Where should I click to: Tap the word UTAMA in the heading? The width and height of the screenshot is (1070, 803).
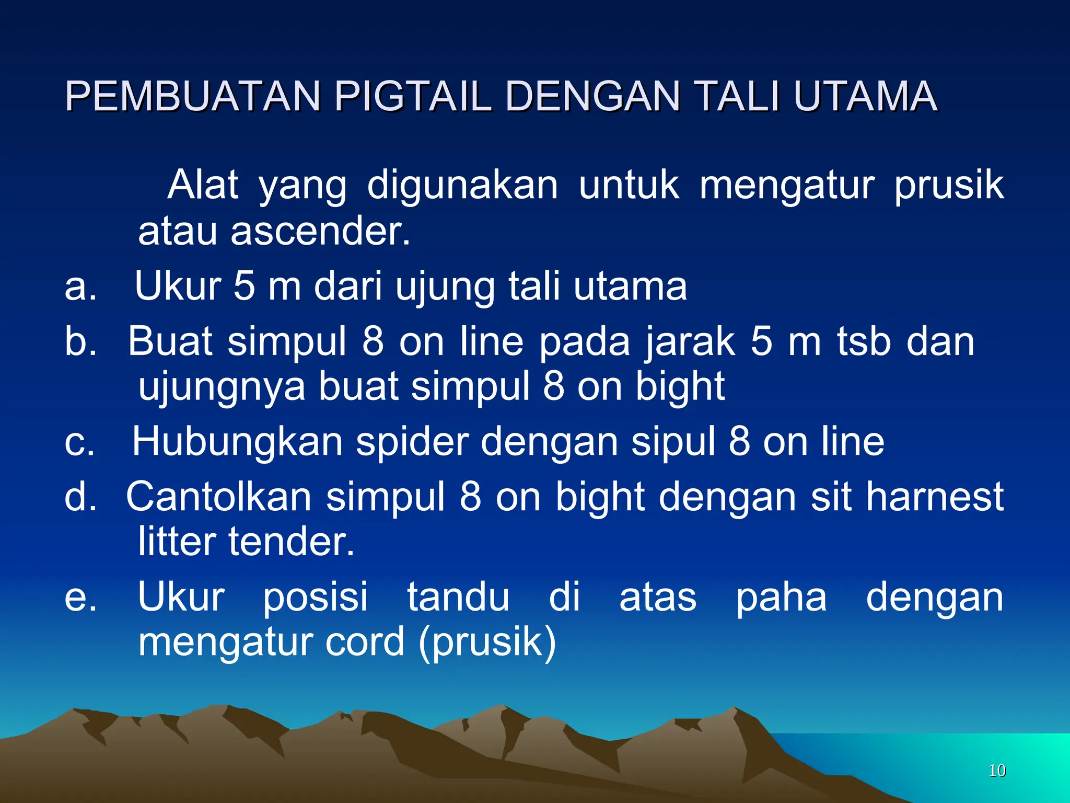pos(865,97)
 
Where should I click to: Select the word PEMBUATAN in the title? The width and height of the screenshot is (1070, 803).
pos(193,97)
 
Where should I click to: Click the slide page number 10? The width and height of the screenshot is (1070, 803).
pos(997,771)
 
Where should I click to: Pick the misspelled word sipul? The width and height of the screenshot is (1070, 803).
pos(673,442)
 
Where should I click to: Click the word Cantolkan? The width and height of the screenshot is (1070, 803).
pos(219,497)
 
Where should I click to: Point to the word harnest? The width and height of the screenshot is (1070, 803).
pos(935,497)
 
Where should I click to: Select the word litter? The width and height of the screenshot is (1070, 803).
pos(177,542)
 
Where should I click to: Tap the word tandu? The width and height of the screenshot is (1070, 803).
pos(458,597)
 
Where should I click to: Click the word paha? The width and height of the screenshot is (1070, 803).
pos(781,597)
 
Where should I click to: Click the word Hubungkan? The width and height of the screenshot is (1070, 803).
pos(237,442)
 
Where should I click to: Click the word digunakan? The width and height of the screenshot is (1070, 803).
pos(462,186)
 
